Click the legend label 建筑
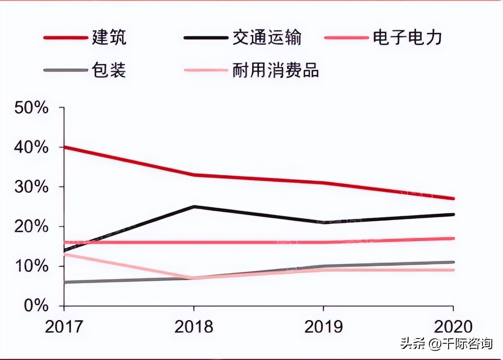pos(109,37)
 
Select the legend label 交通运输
pos(267,37)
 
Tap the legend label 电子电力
pos(407,37)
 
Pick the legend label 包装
pos(109,70)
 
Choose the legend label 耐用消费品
pos(275,70)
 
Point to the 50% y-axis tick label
pos(31,108)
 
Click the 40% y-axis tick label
pos(31,147)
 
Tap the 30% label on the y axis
pos(31,187)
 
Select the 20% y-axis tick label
pos(31,227)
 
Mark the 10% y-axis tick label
pos(31,266)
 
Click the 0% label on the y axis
pos(36,306)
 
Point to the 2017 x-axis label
pos(64,327)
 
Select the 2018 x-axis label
pos(194,327)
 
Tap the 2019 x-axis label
pos(323,327)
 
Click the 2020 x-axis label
pos(453,327)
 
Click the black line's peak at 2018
pos(194,207)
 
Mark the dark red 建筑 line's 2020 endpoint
pos(453,199)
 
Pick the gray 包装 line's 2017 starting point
pos(65,282)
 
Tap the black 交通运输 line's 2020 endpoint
pos(453,215)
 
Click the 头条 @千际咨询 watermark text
pos(446,343)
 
